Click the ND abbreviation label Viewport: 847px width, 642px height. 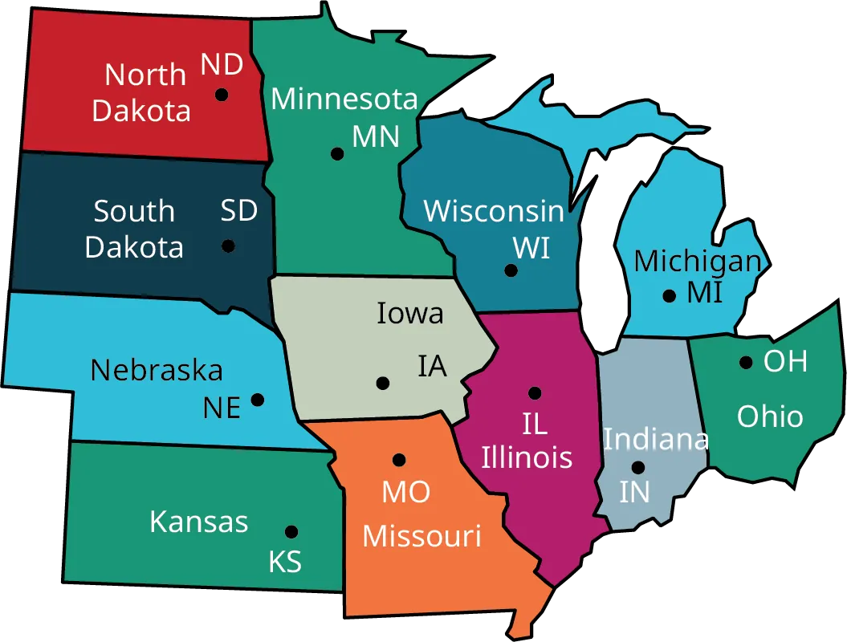click(222, 64)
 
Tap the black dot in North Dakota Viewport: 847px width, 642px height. click(221, 95)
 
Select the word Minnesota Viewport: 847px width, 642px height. click(344, 99)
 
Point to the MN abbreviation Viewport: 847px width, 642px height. click(376, 136)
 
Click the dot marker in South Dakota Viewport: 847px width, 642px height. click(229, 246)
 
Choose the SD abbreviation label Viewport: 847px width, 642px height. click(239, 211)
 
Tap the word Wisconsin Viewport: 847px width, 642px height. click(494, 211)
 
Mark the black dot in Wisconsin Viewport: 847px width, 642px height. click(511, 270)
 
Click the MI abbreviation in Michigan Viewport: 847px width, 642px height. click(704, 293)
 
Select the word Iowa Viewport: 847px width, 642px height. click(410, 313)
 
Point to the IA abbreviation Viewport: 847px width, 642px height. click(432, 366)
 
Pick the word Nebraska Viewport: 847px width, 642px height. click(157, 370)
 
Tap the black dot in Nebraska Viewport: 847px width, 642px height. click(258, 399)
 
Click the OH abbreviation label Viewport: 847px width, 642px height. click(785, 361)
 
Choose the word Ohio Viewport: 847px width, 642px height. click(770, 416)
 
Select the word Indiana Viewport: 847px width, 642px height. click(656, 439)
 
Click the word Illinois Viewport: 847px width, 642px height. click(527, 457)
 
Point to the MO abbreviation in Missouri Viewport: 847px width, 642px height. click(405, 492)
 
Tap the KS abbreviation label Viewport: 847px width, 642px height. click(285, 562)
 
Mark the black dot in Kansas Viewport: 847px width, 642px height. click(291, 531)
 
